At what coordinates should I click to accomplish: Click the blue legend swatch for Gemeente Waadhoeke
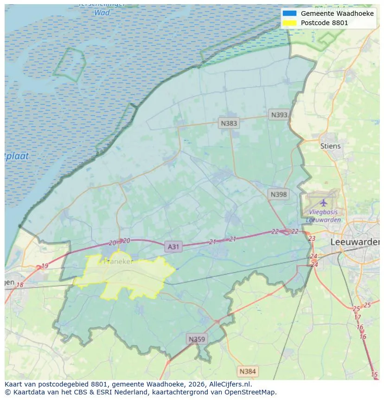tap(289, 13)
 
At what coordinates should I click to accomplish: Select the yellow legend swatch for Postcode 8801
tap(289, 23)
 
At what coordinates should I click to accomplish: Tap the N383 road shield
tap(229, 123)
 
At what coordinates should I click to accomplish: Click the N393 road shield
tap(279, 115)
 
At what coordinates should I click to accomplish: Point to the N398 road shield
tap(278, 194)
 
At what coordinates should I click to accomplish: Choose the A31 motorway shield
tap(173, 247)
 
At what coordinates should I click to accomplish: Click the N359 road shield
tap(196, 339)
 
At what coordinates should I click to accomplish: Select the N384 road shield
tap(247, 371)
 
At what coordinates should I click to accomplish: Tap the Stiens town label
tap(330, 146)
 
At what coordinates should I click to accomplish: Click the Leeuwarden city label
tap(355, 242)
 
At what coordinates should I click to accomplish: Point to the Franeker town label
tap(119, 261)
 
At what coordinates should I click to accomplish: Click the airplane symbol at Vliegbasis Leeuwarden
tap(323, 203)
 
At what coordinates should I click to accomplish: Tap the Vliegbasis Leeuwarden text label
tap(323, 216)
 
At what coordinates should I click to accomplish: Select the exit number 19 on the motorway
tap(45, 266)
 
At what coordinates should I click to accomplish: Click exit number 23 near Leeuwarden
tap(312, 238)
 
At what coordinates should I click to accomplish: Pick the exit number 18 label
tap(19, 285)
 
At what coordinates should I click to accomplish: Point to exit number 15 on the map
tap(374, 374)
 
